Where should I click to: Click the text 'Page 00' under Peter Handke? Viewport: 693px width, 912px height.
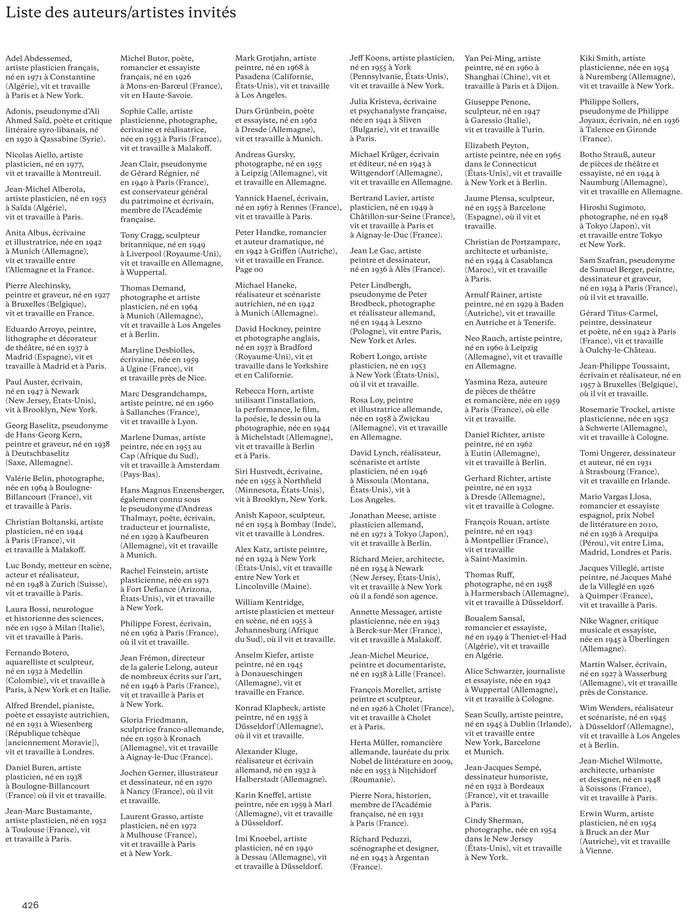[x=249, y=269]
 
